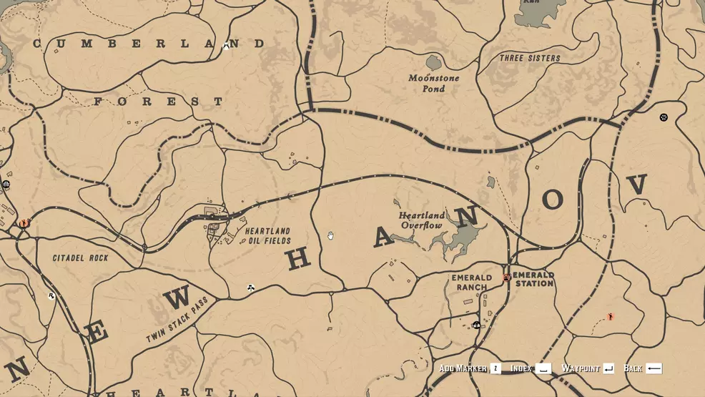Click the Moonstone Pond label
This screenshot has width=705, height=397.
coord(433,83)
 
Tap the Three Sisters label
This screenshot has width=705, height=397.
coord(530,58)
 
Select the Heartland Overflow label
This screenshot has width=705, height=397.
coord(421,220)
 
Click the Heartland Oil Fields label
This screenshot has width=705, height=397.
coord(267,236)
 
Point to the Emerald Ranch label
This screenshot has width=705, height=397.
coord(471,282)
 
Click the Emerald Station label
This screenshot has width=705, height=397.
coord(533,279)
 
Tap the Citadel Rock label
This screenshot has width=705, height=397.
coord(80,258)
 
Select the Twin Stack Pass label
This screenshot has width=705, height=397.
coord(177,319)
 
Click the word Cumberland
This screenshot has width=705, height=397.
coord(149,44)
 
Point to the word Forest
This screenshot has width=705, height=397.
coord(157,102)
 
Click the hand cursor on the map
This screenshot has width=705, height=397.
coord(330,235)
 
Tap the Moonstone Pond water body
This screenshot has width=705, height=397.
coord(433,63)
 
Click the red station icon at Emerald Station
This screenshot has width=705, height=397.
coord(506,278)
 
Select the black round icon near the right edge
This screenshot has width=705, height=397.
coord(664,117)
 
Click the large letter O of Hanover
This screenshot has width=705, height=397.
coord(552,200)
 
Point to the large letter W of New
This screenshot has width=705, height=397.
coord(177,296)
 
